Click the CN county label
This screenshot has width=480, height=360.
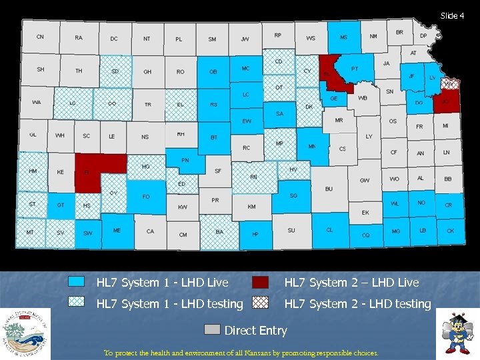coord(40,37)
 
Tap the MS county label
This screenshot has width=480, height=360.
coord(343,38)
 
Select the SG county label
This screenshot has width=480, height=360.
coord(293,196)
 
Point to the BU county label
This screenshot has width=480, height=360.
coord(329,189)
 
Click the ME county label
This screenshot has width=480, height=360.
coord(117,231)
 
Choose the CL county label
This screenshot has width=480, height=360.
coord(329,230)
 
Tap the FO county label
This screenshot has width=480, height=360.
coord(146,197)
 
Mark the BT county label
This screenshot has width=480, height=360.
coord(214,137)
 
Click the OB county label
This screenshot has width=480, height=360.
coord(213,72)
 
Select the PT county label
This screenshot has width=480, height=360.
coord(354,69)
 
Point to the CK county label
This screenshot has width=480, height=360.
coord(450,231)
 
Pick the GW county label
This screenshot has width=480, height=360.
coord(365,181)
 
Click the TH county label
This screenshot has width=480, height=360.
coord(79,71)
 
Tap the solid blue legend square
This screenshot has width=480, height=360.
coord(77,282)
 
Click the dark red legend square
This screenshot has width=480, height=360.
coord(260,282)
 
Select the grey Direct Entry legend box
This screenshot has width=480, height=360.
coord(212,329)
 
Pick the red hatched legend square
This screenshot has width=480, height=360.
coord(260,303)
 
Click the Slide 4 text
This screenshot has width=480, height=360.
coord(452,16)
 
